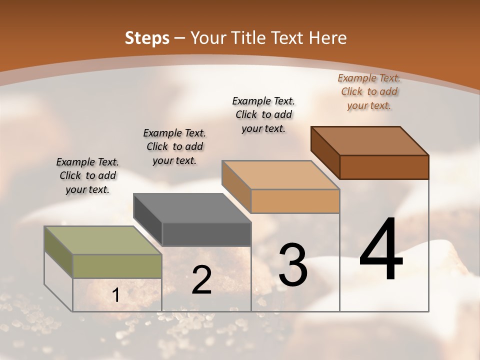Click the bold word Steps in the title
tap(146, 38)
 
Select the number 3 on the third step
tap(292, 265)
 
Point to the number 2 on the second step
tap(201, 280)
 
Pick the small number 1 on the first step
tap(116, 295)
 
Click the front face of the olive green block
tap(117, 266)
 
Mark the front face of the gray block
tap(206, 234)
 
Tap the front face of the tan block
tap(295, 201)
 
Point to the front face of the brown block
tap(384, 167)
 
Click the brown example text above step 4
tap(369, 91)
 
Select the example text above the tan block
tap(263, 114)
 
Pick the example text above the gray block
tap(174, 146)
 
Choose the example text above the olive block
tap(87, 175)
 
